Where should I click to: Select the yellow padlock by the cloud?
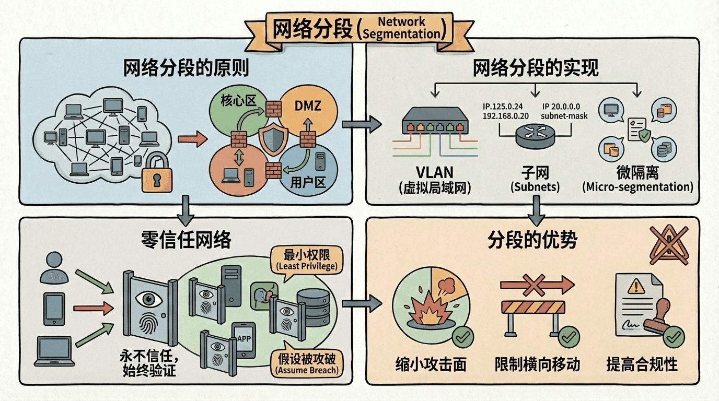156,172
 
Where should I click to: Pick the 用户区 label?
307,183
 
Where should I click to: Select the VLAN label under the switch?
434,173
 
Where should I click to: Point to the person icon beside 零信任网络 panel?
54,266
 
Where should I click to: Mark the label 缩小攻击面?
431,364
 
